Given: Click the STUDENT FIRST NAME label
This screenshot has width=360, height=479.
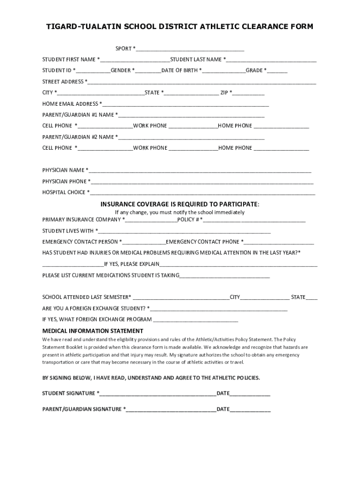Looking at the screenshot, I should tap(69, 59).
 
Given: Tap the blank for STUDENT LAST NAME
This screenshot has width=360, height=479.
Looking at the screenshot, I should tap(272, 59).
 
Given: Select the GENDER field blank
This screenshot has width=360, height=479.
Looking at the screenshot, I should tap(149, 71).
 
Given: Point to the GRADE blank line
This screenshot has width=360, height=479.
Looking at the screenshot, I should tap(278, 71).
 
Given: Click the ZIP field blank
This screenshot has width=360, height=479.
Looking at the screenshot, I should tap(249, 93).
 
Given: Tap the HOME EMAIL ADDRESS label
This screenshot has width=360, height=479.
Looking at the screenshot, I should tap(71, 104).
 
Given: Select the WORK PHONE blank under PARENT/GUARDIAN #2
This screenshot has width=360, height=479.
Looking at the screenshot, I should tap(193, 148).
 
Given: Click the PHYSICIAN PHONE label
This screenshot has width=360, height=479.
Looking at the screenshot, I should tap(65, 181).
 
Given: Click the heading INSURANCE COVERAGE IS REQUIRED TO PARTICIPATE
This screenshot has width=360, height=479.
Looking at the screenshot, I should tap(180, 204).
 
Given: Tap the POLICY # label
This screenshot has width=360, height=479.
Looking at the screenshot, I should tap(188, 219).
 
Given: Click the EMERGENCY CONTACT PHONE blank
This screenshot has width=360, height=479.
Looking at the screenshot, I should tap(279, 242).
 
